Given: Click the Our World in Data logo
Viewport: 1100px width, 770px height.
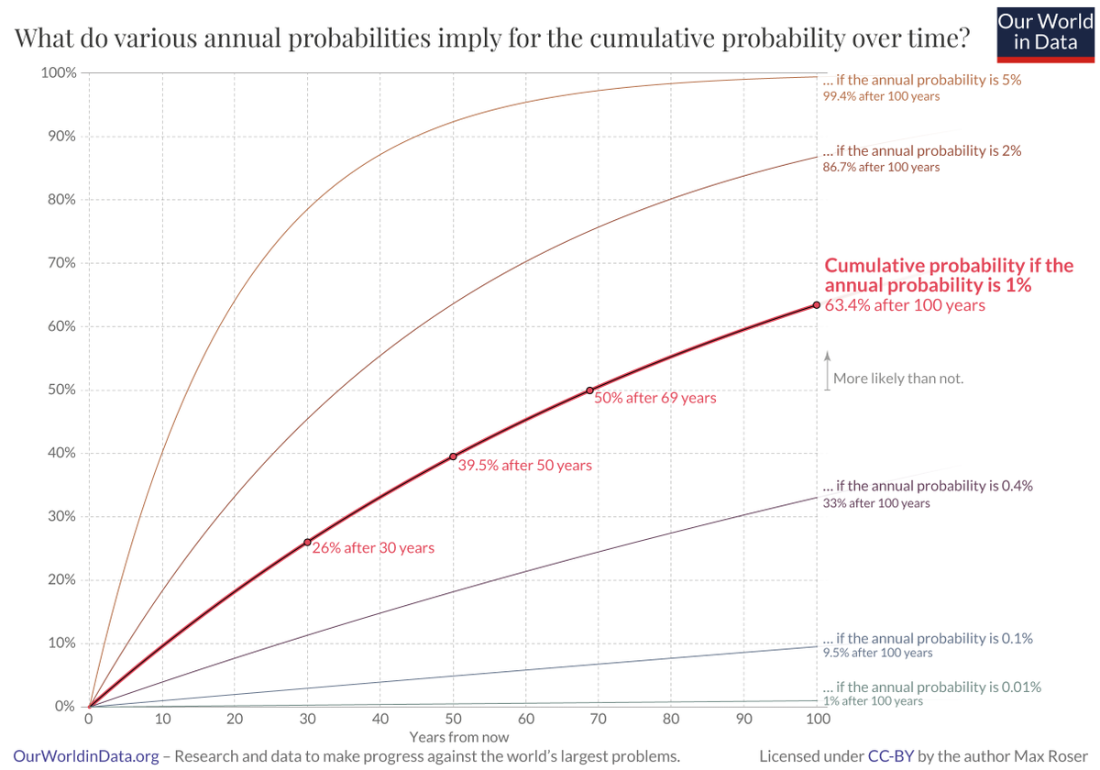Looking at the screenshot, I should point(1045,33).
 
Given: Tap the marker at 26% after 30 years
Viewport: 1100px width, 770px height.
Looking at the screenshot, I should point(307,542).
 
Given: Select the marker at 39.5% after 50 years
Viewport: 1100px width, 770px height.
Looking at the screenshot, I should point(453,456).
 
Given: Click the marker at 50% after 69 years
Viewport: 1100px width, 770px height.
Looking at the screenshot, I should point(590,390).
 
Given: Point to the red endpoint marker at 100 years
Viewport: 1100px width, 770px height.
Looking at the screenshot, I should point(816,305).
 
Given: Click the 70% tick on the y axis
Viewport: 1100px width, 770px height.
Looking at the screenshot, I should point(60,263).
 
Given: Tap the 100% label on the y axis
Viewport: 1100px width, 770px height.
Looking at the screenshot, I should point(58,72).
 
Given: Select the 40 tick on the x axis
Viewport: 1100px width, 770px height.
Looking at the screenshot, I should point(379,720).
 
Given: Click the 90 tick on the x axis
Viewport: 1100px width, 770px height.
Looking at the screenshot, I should point(743,720).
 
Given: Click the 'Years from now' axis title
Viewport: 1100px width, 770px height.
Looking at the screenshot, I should point(458,736).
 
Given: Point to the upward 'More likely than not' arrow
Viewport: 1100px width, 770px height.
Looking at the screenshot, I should point(826,369).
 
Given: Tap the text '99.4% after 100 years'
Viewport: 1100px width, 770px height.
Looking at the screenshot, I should point(881,96).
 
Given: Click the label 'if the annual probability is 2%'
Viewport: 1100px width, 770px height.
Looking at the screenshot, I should point(921,150).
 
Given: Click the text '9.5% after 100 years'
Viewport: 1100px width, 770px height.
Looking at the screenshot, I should point(877,653).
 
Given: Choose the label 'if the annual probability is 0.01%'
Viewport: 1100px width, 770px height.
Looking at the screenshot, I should point(931,687).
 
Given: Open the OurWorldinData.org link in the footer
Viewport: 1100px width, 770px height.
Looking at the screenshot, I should point(87,756).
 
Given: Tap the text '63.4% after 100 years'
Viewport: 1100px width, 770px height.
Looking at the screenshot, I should point(905,305).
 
